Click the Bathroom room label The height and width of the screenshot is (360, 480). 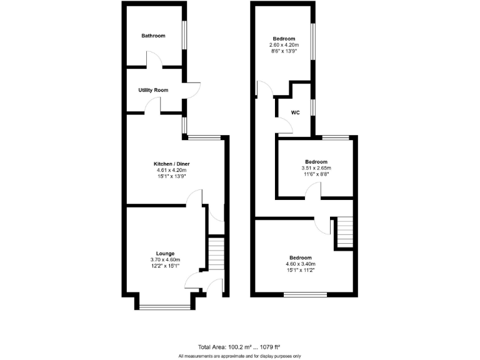153,36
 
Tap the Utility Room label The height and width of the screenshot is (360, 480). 153,90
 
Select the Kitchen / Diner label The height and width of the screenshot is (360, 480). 171,164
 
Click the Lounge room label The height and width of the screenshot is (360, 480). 165,253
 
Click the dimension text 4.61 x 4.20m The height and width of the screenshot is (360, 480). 171,170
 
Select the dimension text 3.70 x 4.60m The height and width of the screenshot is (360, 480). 165,259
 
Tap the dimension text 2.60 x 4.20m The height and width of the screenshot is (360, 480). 284,45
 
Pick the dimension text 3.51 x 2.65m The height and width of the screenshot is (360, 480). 316,168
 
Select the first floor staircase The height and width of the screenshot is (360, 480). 344,231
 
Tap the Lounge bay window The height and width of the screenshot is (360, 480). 165,306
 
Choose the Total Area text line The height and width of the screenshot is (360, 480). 239,347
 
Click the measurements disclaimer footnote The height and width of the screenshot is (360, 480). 239,356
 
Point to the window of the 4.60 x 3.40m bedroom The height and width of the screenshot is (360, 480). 305,294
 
